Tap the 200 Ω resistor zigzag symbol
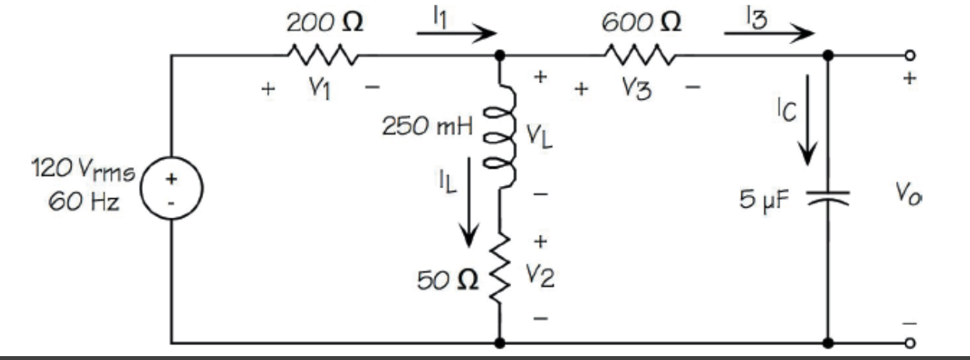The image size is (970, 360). [x=323, y=56]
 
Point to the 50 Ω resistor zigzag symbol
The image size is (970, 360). [x=499, y=275]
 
